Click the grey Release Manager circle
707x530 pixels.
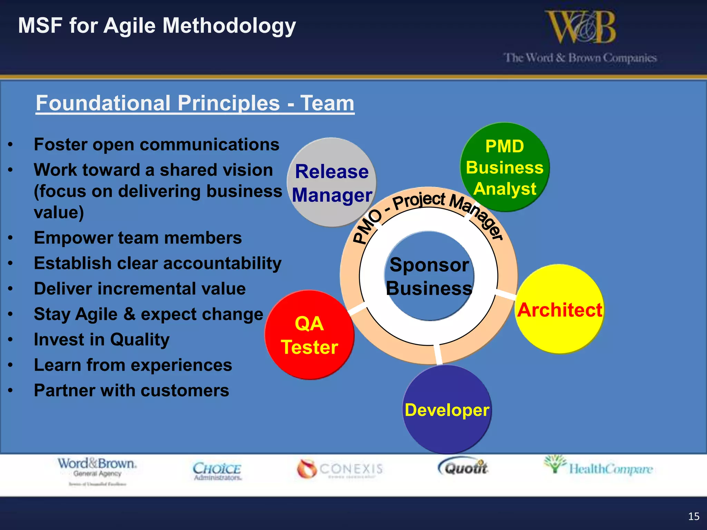[x=331, y=182]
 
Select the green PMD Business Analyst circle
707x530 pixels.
[x=504, y=167]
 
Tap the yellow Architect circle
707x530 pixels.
[x=559, y=309]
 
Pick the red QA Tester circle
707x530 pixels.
[x=309, y=335]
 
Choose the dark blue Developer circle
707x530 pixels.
[x=447, y=410]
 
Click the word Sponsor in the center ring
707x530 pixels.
[x=429, y=265]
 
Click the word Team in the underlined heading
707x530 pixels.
[x=327, y=103]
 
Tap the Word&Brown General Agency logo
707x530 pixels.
[x=97, y=469]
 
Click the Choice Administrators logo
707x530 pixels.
[x=217, y=471]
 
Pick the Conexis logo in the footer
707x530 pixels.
[x=340, y=469]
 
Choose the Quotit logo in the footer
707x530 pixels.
[x=463, y=468]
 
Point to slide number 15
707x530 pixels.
[x=694, y=516]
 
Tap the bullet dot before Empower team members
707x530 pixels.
[x=11, y=238]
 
